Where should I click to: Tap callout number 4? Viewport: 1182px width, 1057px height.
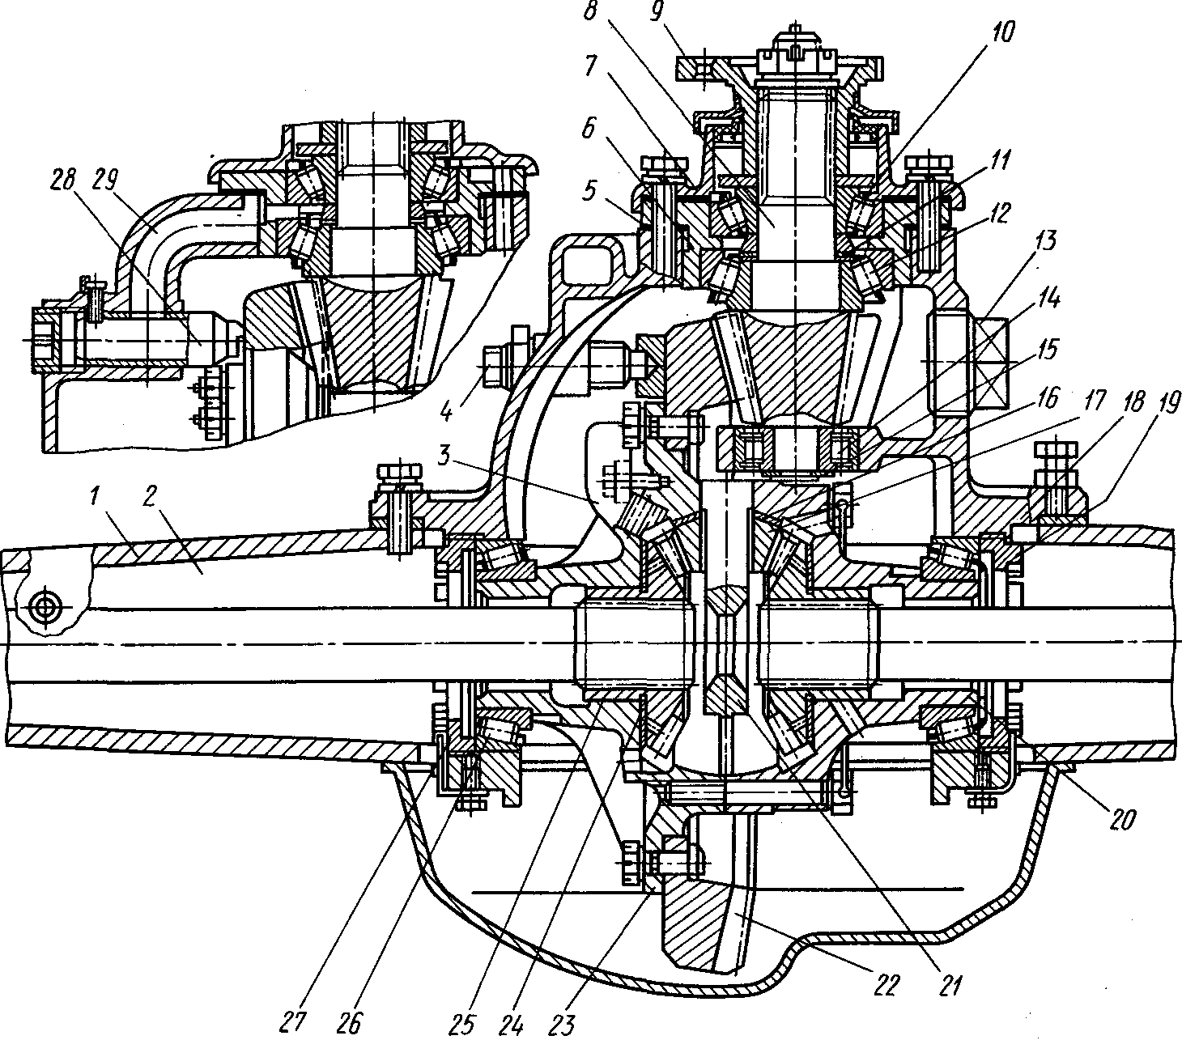[446, 411]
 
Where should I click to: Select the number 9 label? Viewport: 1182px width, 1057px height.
[657, 11]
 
